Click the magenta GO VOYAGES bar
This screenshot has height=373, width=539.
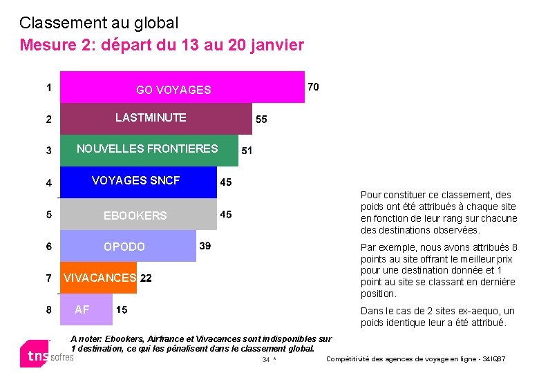(182, 87)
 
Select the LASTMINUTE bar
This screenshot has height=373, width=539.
(155, 118)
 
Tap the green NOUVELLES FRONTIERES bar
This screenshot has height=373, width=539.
(149, 150)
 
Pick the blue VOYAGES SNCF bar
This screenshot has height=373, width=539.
(138, 182)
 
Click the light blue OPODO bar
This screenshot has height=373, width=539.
(128, 246)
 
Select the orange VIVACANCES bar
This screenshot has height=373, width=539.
(98, 278)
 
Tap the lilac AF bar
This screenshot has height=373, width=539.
(86, 309)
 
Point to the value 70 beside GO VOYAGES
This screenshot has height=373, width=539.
(313, 88)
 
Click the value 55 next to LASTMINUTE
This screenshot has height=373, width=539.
(261, 119)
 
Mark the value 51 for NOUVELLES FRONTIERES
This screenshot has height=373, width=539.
(247, 151)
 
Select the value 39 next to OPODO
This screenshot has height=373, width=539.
(205, 245)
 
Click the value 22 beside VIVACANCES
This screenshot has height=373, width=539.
(146, 278)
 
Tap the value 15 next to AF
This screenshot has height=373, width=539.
(122, 310)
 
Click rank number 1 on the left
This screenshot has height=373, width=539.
(48, 88)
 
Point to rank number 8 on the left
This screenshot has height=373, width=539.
(48, 310)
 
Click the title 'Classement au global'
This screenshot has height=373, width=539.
(99, 23)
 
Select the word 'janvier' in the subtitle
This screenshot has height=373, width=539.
(278, 46)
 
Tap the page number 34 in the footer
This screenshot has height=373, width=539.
(266, 360)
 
